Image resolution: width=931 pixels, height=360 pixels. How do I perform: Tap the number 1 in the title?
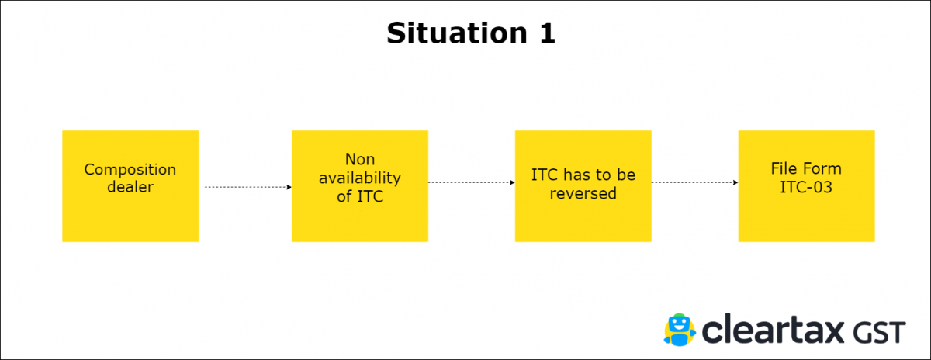click(x=545, y=33)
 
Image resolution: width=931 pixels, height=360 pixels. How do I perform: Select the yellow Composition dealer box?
click(x=130, y=185)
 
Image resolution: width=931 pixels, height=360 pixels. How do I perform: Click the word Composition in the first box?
click(x=130, y=170)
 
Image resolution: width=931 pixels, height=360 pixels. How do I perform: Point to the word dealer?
click(x=130, y=187)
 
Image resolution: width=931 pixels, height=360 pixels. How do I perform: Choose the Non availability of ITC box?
click(x=359, y=185)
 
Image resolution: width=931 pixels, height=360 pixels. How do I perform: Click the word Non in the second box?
click(x=359, y=160)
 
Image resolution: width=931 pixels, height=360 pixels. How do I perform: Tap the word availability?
click(x=359, y=178)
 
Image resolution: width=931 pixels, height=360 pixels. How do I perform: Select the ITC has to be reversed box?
click(x=583, y=185)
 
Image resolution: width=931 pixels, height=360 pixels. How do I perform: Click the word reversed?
click(x=583, y=193)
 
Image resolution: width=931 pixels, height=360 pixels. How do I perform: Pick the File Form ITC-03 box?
click(x=806, y=185)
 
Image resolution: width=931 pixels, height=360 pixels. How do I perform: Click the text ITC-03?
click(x=806, y=186)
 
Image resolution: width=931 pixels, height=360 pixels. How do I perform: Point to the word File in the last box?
click(x=784, y=169)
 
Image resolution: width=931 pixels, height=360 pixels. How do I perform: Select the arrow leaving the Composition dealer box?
click(x=247, y=187)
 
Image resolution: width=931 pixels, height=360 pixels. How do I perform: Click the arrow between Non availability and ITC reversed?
click(x=471, y=183)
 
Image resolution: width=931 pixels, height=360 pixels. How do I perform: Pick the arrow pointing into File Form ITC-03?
click(x=694, y=183)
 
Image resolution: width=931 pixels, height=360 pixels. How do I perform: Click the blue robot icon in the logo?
click(x=680, y=329)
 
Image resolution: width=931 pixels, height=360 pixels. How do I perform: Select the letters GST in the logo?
click(x=881, y=332)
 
